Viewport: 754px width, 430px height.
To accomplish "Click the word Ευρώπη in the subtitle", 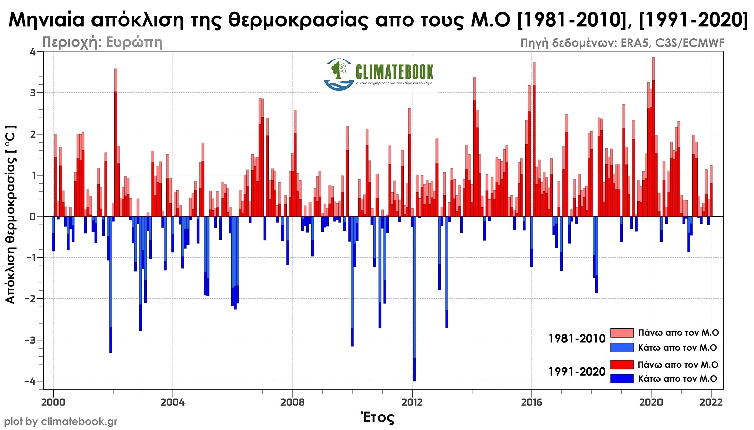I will (x=134, y=42).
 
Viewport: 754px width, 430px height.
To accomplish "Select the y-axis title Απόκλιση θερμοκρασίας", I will (x=11, y=214).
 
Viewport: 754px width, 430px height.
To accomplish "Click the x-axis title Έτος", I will (x=378, y=417).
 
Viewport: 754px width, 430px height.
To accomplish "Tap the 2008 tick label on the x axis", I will (x=292, y=402).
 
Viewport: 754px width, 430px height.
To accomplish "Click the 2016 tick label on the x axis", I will (x=531, y=402).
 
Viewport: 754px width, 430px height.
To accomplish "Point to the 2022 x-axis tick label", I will (x=711, y=402).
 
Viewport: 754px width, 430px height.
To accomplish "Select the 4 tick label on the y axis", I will (x=33, y=52).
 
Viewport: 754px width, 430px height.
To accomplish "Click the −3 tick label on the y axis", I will (x=30, y=340).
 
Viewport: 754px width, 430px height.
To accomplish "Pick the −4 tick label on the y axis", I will (x=30, y=381).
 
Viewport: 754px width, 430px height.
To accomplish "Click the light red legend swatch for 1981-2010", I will (x=621, y=333).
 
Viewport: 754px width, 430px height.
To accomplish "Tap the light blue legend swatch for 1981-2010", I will (x=621, y=348).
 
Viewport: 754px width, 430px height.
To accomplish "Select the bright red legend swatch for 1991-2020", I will (x=621, y=364).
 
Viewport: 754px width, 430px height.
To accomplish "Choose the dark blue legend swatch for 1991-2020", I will (x=621, y=378).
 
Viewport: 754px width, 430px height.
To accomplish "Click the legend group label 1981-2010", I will (x=577, y=339).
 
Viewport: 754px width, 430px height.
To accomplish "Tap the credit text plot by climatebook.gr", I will (x=61, y=421).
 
